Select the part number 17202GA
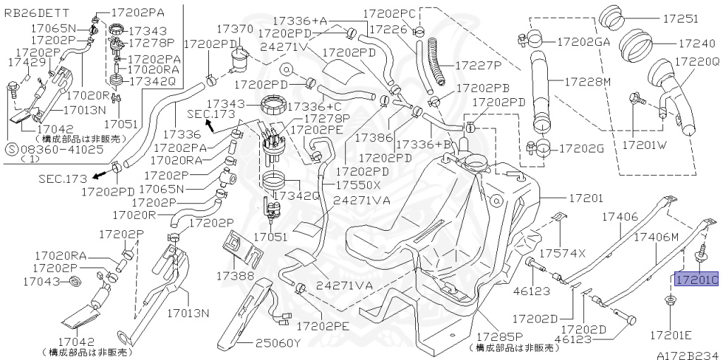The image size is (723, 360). pos(583,42)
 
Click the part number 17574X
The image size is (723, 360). pos(563,253)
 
